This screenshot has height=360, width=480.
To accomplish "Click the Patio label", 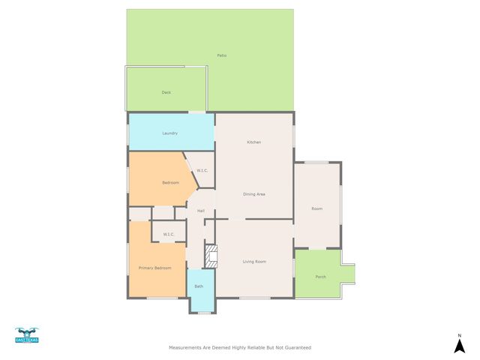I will (x=222, y=55).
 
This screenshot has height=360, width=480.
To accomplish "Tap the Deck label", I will (x=166, y=92).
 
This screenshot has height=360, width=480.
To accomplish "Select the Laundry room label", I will (x=170, y=133).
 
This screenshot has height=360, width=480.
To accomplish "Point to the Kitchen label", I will (x=254, y=142).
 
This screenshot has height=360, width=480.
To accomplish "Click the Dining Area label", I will (x=254, y=194).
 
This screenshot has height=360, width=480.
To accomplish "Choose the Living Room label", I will (x=254, y=262).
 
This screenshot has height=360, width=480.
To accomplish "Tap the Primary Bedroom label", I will (x=155, y=268).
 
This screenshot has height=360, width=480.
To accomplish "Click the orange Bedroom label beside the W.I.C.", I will (x=171, y=183).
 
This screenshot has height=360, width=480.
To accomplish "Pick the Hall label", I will (x=201, y=211).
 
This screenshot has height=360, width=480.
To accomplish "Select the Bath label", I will (x=199, y=286).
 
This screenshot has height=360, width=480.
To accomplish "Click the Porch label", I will (x=320, y=277).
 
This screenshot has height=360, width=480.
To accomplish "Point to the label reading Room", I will (x=317, y=208).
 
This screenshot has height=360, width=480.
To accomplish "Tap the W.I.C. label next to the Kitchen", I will (x=202, y=171).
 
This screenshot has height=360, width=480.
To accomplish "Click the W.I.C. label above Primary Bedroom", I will (x=169, y=235).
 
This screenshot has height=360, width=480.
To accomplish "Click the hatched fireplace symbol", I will (x=211, y=256).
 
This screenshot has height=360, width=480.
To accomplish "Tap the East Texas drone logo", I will (x=26, y=335).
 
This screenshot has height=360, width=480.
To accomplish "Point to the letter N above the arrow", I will (x=459, y=335).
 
